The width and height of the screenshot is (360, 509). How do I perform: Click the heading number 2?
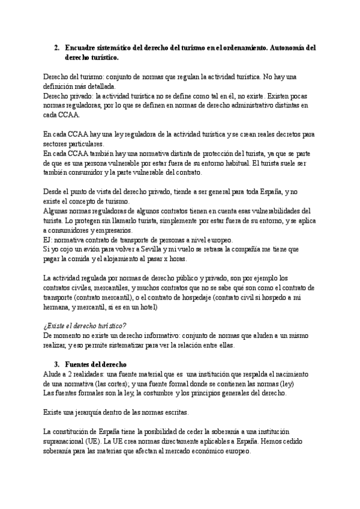point(56,47)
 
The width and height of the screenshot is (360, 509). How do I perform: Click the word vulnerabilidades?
point(272,211)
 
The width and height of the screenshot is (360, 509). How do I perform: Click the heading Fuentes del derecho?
point(95,364)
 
